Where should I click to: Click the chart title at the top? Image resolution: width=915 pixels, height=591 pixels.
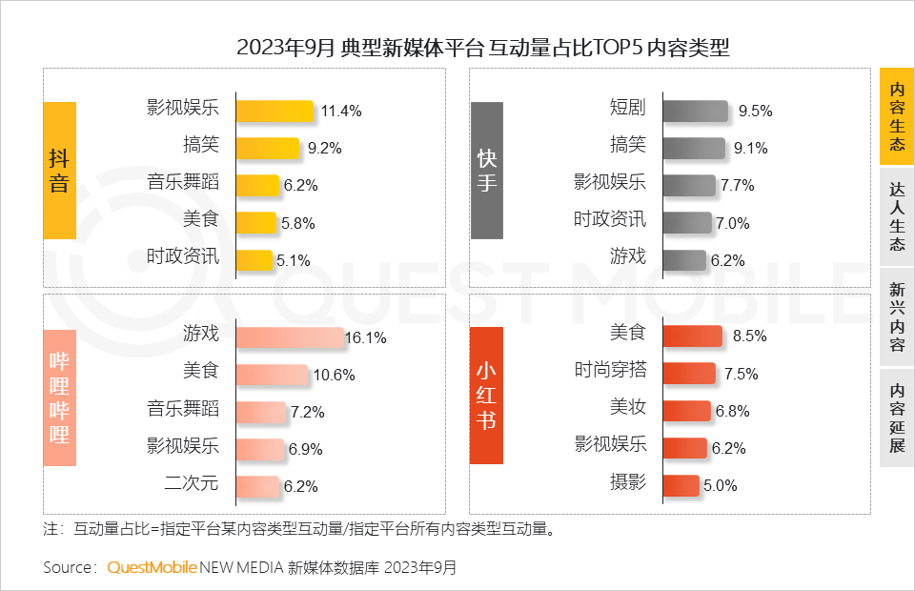pos(482,48)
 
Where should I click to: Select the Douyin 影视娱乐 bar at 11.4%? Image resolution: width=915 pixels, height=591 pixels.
pos(274,112)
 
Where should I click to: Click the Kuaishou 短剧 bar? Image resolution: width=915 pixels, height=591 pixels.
pos(695,112)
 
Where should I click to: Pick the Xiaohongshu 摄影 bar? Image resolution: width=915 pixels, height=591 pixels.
pos(681,485)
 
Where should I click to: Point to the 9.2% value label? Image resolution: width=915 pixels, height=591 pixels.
pos(324,148)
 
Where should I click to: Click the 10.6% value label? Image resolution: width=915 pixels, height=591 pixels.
pos(334,376)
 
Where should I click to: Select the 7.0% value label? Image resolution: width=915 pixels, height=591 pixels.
pos(732,223)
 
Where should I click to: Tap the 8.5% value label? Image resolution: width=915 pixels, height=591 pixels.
pos(748,336)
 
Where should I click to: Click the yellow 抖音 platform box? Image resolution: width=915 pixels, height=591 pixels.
pos(59,170)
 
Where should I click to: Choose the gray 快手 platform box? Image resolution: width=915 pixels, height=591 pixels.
pos(487,170)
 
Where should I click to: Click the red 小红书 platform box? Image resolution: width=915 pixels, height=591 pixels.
pos(487,396)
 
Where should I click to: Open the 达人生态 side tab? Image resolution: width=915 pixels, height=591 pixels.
pos(896,216)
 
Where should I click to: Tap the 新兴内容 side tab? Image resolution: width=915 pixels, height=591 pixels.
pos(896,316)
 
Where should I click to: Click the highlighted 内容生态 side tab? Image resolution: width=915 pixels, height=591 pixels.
pos(896,117)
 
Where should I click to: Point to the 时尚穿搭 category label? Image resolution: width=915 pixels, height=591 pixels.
pos(610,371)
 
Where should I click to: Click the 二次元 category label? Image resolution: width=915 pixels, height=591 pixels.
pos(192,483)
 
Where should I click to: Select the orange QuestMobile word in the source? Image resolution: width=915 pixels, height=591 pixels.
pos(152,568)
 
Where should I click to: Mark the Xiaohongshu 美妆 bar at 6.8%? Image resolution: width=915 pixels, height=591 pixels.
pos(686,411)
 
